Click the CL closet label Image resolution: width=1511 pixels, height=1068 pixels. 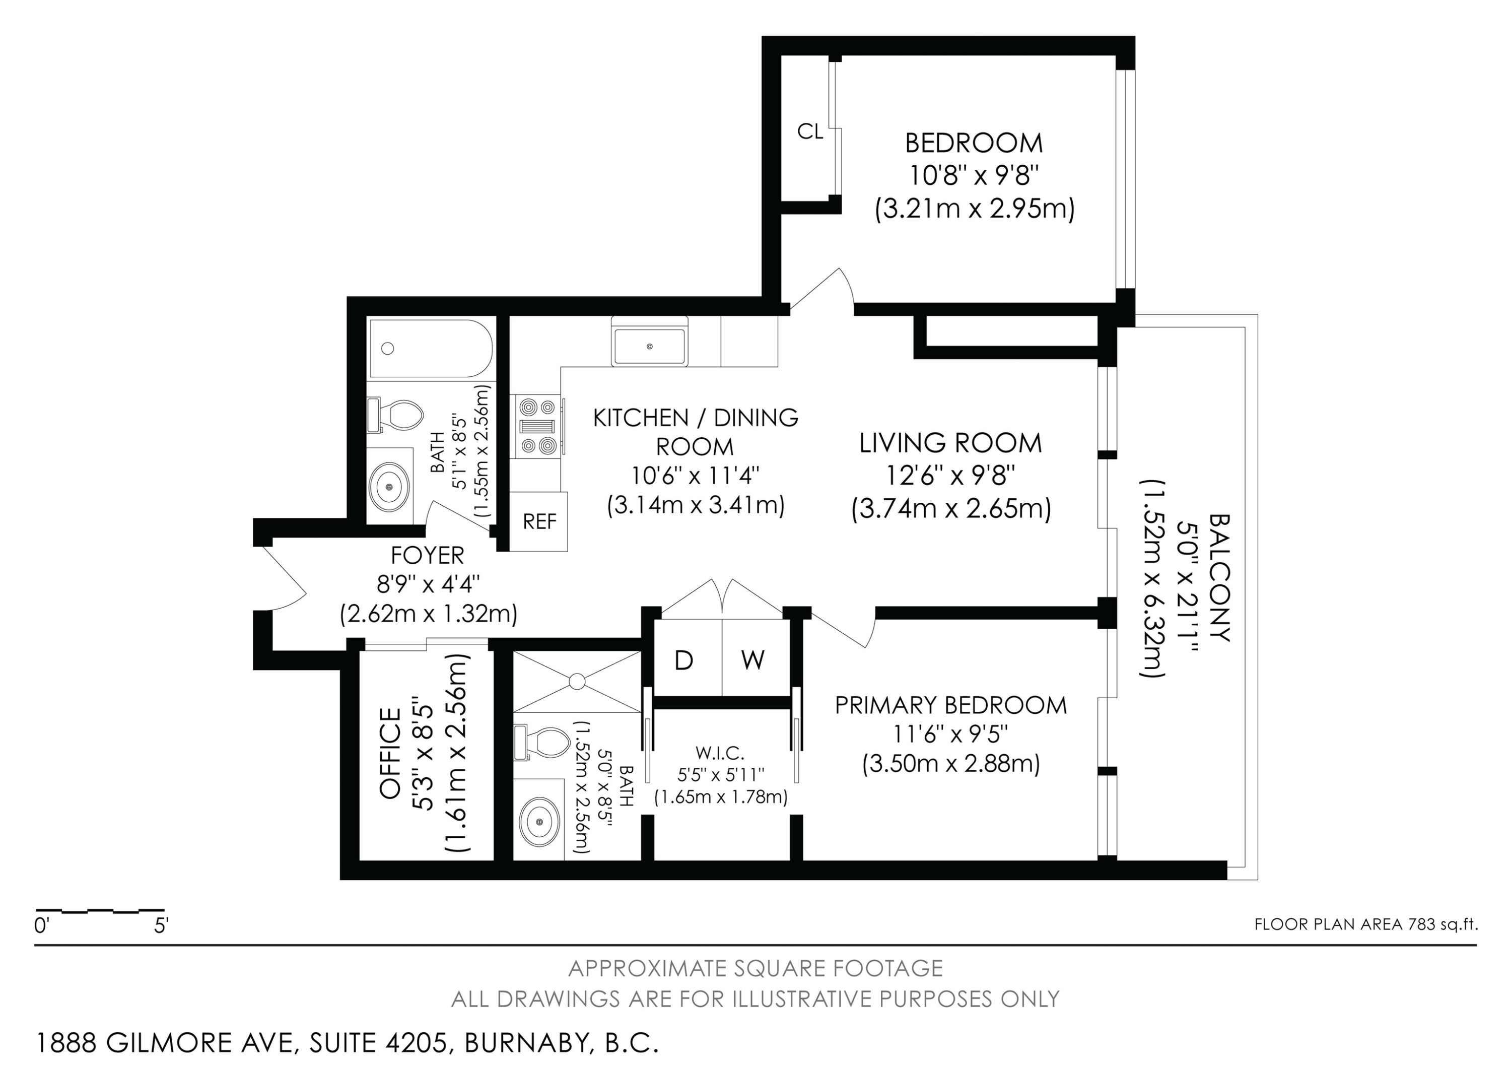point(809,131)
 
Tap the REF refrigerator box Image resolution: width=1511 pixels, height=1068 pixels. point(539,522)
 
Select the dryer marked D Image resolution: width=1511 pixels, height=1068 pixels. point(684,660)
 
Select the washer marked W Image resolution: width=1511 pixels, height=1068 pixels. point(753,660)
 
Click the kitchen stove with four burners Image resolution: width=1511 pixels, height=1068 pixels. point(537,426)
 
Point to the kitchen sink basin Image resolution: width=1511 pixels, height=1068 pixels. point(650,346)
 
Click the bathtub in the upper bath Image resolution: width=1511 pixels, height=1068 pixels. point(429,348)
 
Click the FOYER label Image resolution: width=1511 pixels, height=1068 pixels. point(428,555)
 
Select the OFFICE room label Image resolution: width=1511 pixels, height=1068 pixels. point(390,754)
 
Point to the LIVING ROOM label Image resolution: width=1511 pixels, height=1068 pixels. point(950,443)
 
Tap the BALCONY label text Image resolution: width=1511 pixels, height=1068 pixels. point(1219,578)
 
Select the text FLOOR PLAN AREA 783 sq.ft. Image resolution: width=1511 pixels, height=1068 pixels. point(1365,924)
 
